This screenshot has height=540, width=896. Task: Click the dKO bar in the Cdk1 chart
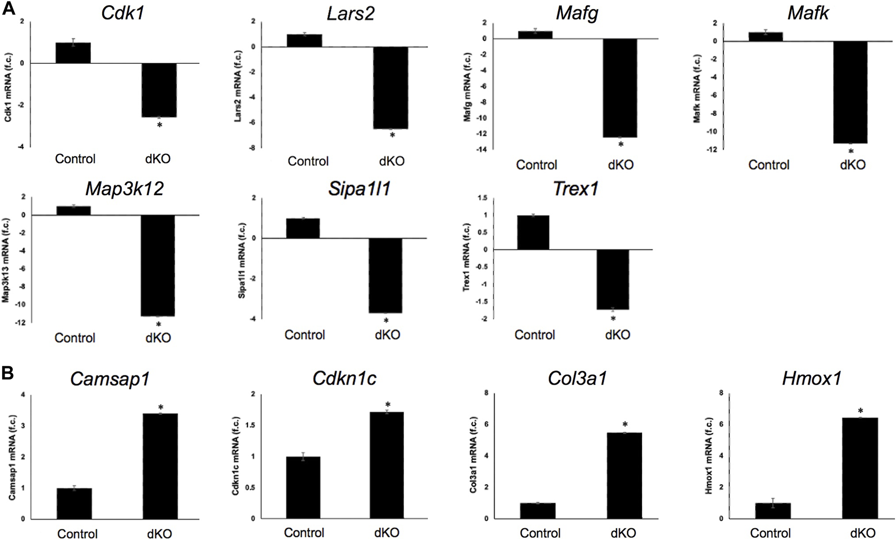[x=159, y=90]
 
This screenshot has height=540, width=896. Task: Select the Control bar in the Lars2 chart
[x=304, y=40]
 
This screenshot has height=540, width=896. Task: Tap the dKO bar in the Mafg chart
[x=620, y=88]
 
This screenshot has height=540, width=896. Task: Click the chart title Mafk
[x=808, y=13]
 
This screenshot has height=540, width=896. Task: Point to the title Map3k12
[x=124, y=189]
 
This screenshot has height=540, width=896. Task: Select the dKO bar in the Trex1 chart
[x=613, y=279]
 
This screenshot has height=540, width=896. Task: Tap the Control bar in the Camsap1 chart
[x=74, y=503]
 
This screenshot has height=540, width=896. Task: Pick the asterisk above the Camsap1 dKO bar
[x=161, y=407]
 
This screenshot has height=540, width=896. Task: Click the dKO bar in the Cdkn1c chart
[x=387, y=465]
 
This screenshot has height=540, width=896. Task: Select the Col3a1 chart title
[x=577, y=379]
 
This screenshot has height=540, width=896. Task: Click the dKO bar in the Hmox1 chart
[x=860, y=468]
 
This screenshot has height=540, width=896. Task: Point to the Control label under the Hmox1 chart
[x=770, y=533]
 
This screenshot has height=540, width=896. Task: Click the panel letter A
[x=8, y=9]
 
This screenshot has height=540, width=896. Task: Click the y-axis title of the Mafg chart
[x=468, y=87]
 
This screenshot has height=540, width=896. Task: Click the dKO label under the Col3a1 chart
[x=623, y=533]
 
